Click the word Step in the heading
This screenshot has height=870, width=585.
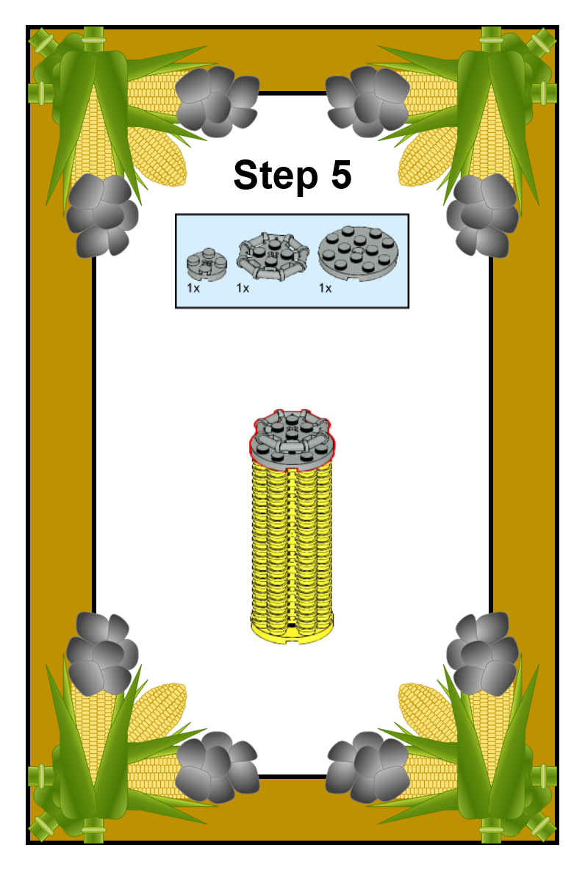pyautogui.click(x=276, y=176)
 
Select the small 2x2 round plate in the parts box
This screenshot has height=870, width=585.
pyautogui.click(x=207, y=264)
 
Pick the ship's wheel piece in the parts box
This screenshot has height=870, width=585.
pyautogui.click(x=272, y=257)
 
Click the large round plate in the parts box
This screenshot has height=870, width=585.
pyautogui.click(x=358, y=253)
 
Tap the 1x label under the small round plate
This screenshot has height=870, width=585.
pyautogui.click(x=193, y=288)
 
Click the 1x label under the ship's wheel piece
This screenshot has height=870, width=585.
pyautogui.click(x=243, y=288)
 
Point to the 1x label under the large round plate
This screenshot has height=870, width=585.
pyautogui.click(x=326, y=288)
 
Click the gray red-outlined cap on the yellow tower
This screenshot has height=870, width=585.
pyautogui.click(x=291, y=439)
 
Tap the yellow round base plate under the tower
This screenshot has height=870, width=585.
pyautogui.click(x=292, y=633)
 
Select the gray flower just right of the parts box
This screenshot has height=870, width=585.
pyautogui.click(x=482, y=215)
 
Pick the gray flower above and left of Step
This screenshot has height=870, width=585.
pyautogui.click(x=217, y=101)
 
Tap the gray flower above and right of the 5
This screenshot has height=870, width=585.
pyautogui.click(x=367, y=101)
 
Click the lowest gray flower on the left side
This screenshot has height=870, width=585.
pyautogui.click(x=217, y=767)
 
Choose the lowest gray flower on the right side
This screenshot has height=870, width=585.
pyautogui.click(x=367, y=767)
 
